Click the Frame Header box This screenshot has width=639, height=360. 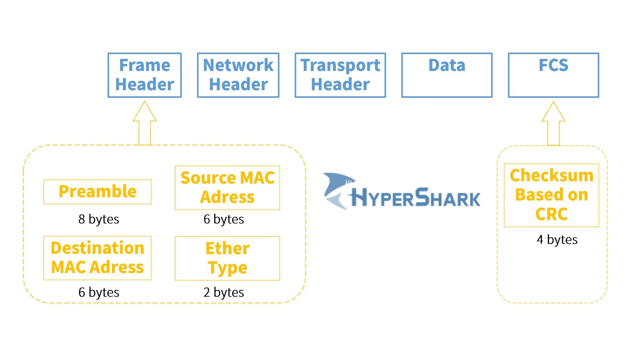pos(144,75)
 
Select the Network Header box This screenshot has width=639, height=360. pos(238,75)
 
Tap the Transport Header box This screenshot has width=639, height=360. pos(340,75)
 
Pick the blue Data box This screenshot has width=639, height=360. pos(447,75)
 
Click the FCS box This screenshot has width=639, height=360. pos(553,75)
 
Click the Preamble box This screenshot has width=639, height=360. pos(97,192)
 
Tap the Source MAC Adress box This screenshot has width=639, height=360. pos(227,188)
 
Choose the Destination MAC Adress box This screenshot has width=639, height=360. pos(97,258)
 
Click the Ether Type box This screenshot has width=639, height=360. pos(227,258)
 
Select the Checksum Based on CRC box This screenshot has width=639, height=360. pos(551,195)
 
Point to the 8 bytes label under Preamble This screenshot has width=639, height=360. pos(99,219)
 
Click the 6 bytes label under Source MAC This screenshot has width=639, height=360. pos(223,219)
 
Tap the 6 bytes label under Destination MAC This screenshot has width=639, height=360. pos(99,292)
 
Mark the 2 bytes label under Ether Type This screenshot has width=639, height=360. pos(223,292)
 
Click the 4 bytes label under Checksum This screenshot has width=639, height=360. pos(557,240)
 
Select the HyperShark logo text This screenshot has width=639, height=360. pos(415,198)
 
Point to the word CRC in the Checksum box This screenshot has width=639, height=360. pos(551,214)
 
